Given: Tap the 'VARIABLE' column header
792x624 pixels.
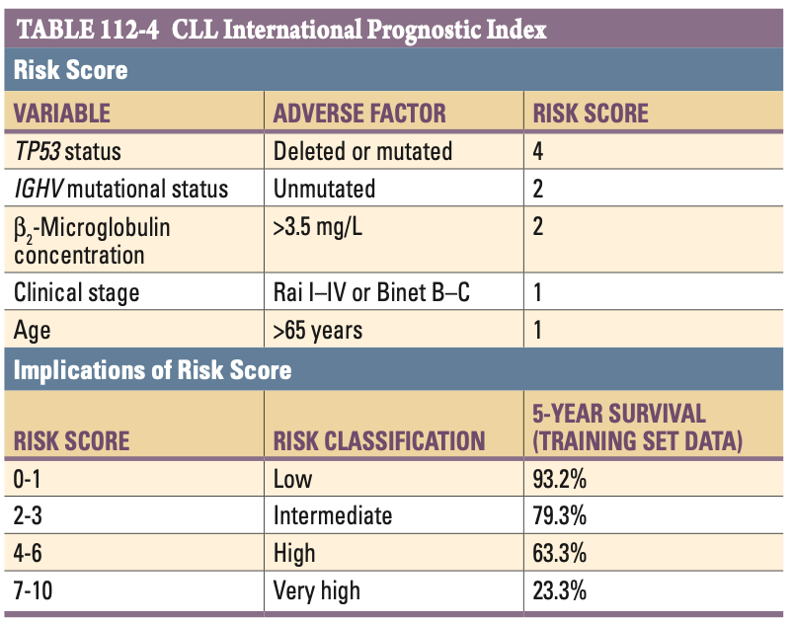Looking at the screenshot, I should tap(61, 113).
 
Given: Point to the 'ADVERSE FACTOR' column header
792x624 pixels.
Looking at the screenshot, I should tap(359, 113).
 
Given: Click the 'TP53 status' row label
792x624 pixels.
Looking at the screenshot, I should tap(67, 151).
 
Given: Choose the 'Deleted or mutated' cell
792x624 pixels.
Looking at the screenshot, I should tap(362, 151).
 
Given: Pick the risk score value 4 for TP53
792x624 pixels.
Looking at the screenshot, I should tap(538, 151).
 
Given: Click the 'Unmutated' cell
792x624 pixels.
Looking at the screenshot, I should tap(324, 189).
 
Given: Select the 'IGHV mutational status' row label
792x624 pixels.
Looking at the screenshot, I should tap(120, 189).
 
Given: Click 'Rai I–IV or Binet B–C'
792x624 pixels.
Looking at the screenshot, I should tap(381, 292).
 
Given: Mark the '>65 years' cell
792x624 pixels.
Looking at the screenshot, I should tap(318, 330).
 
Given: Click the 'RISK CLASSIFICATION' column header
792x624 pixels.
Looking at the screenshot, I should tap(378, 440).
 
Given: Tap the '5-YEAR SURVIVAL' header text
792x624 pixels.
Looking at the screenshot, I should tap(619, 413).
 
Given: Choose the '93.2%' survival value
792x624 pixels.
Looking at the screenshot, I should tap(560, 480).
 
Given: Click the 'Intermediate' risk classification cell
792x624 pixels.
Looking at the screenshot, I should tap(332, 516).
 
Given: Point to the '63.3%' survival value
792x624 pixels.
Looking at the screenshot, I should tap(560, 554).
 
